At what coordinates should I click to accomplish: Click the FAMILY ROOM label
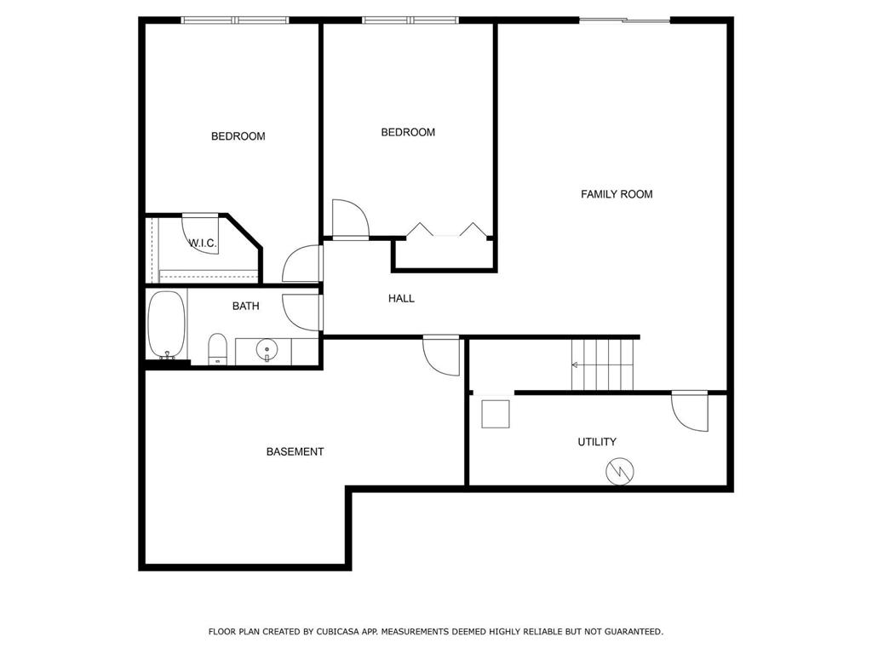(x=617, y=194)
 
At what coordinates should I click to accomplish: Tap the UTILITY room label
(x=597, y=442)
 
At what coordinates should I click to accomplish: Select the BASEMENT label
(x=295, y=451)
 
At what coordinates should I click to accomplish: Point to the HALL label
(x=401, y=299)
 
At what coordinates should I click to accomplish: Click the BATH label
(x=245, y=306)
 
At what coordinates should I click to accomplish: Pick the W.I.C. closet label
(x=203, y=243)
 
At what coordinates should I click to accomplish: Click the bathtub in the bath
(x=166, y=324)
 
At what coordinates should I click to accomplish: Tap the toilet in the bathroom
(x=217, y=349)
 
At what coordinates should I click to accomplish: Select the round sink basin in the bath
(x=267, y=350)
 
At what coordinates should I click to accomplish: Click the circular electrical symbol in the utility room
(x=620, y=472)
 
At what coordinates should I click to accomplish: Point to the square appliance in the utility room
(x=496, y=414)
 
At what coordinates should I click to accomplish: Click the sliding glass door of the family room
(x=624, y=20)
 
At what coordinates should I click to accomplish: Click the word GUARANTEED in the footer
(x=634, y=632)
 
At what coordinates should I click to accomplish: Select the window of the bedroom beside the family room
(x=410, y=20)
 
